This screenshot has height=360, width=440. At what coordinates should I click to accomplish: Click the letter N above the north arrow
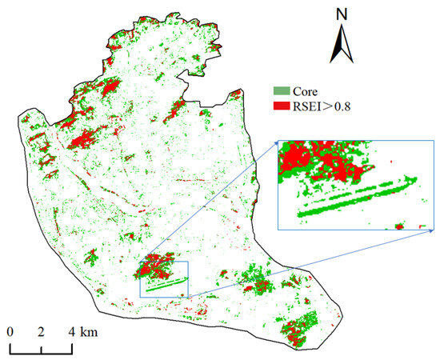(342, 14)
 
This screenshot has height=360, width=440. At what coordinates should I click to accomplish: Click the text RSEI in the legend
(310, 105)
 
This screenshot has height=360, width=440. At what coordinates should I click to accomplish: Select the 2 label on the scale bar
(41, 332)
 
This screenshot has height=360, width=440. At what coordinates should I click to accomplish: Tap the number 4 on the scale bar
(72, 332)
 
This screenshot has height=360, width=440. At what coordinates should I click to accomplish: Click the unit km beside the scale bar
(86, 332)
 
